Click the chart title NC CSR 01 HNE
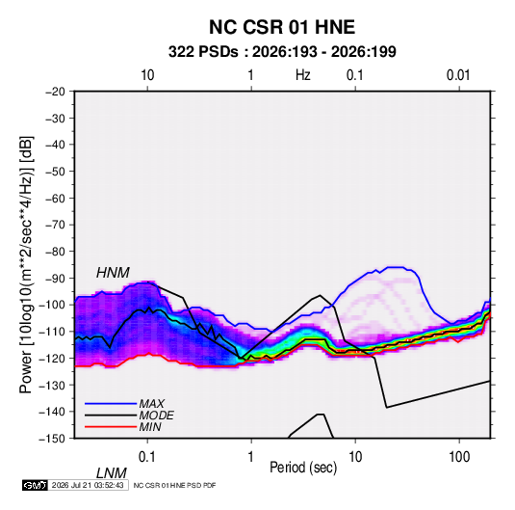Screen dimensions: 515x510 tap(282, 27)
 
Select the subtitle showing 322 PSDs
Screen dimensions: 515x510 tap(282, 52)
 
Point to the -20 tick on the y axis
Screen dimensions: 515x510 tap(55, 92)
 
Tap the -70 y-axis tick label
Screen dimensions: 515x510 tap(55, 225)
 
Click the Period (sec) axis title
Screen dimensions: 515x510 tap(303, 468)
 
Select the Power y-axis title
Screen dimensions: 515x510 tap(26, 265)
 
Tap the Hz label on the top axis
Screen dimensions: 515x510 tap(303, 75)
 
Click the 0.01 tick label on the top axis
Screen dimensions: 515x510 tap(458, 75)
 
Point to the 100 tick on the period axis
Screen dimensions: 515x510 tap(459, 457)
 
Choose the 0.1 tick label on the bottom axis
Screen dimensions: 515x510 tap(147, 457)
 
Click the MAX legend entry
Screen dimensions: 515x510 tap(151, 404)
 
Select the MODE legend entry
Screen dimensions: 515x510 tap(156, 416)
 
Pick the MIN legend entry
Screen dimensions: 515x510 tap(150, 427)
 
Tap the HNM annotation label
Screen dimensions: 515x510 tap(113, 273)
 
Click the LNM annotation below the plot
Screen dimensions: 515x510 tap(111, 473)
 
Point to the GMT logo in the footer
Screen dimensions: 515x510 tap(36, 485)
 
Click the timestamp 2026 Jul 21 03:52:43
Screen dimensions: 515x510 tap(88, 485)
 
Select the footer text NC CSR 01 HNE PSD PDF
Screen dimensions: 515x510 tap(175, 485)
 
